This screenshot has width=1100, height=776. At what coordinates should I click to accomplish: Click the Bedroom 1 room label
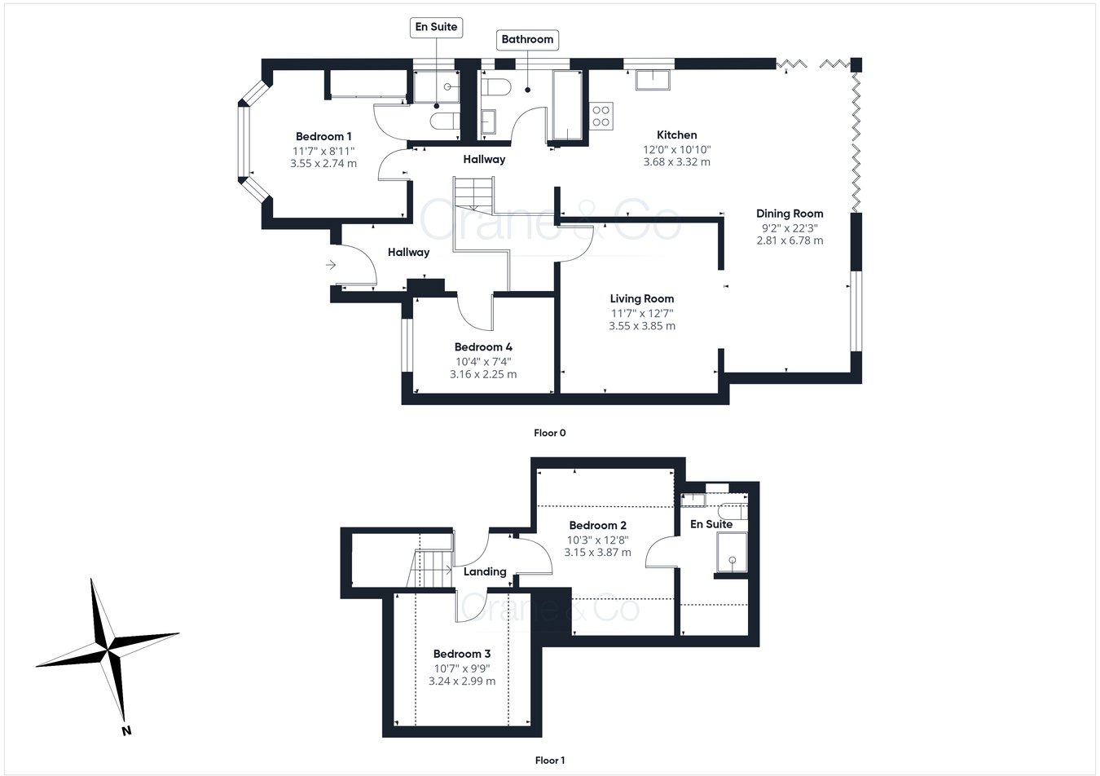coord(323,136)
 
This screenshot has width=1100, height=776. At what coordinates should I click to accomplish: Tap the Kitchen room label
coord(676,134)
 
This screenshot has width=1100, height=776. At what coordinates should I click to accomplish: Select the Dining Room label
coord(789,214)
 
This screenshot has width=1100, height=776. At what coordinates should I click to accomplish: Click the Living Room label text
coord(641,298)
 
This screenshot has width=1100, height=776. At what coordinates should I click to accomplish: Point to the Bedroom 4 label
coord(482,347)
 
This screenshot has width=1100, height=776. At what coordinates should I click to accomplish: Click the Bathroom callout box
coord(526,39)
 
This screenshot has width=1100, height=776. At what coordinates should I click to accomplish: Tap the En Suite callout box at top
coord(436,27)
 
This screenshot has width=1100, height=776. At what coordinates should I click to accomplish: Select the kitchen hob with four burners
coord(601,116)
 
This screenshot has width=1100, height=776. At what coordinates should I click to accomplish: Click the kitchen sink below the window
coord(653,79)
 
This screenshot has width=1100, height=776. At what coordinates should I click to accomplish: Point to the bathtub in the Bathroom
coord(568,106)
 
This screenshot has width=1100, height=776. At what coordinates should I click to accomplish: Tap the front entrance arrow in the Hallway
coord(331,265)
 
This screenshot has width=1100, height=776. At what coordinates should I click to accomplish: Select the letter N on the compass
coord(126,730)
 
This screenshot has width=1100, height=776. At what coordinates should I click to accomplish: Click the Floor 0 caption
coord(549,433)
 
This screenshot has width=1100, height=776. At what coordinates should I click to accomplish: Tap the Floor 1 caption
coord(549,761)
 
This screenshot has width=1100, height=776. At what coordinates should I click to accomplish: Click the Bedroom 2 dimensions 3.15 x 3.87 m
coord(597,552)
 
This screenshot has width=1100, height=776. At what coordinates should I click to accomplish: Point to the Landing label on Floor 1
coord(485,571)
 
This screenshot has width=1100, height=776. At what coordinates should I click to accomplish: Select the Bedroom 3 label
coord(461,654)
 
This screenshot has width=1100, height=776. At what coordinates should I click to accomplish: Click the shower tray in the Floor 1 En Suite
coord(732,555)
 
